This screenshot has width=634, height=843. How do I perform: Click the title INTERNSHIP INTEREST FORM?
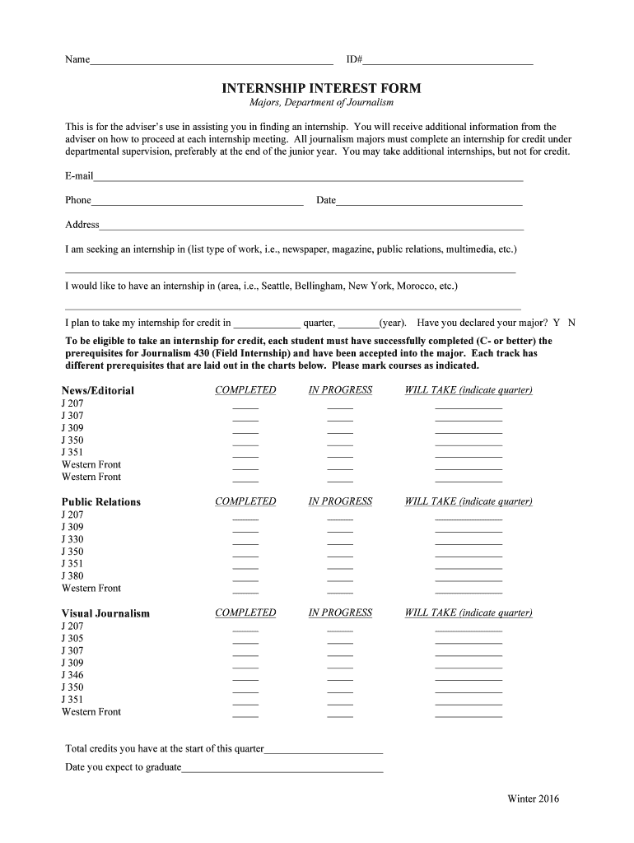pos(321,88)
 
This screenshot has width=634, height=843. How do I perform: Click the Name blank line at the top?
pos(212,62)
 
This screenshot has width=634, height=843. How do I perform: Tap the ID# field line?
pos(448,62)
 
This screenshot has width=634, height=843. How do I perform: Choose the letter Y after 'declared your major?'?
pos(557,324)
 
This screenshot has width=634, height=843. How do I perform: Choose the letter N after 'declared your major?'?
pos(572,324)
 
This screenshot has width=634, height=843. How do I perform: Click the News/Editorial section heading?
pos(98,390)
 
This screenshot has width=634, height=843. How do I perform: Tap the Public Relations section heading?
pos(101,502)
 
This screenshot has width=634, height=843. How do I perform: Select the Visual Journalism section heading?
pos(105,613)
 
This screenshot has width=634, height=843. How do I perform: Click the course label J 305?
pos(72,638)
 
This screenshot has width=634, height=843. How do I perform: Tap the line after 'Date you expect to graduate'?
pos(282,771)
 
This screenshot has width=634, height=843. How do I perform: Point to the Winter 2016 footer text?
pos(534,799)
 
